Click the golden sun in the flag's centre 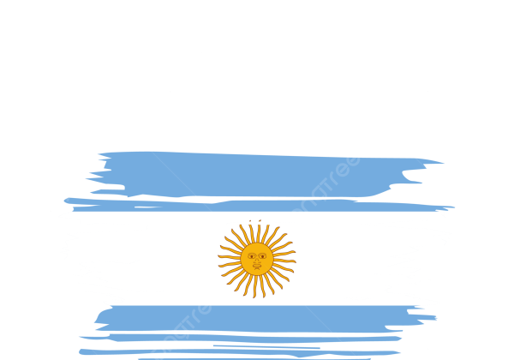256,259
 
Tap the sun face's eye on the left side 251,255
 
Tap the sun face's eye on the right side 261,255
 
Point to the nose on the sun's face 256,259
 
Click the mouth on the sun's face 256,264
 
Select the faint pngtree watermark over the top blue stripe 326,184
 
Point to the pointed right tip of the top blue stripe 444,162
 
